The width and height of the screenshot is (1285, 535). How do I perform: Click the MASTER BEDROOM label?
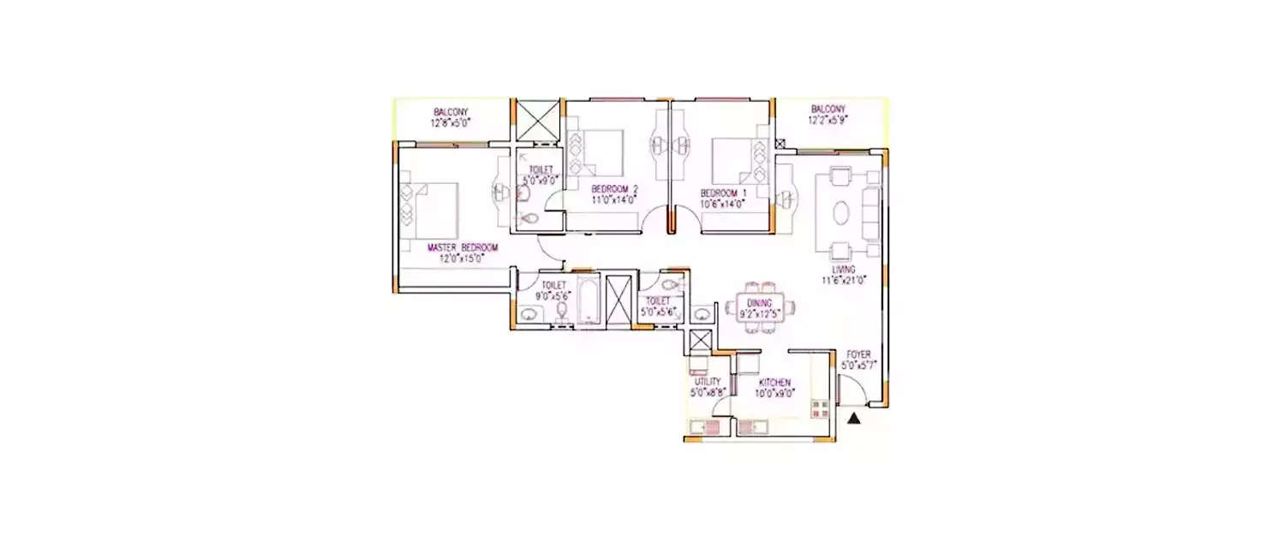pyautogui.click(x=463, y=247)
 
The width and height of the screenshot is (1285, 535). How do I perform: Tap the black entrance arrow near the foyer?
pyautogui.click(x=854, y=418)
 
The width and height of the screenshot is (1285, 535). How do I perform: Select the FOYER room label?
pyautogui.click(x=859, y=354)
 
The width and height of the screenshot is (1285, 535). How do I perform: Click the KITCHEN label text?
pyautogui.click(x=774, y=383)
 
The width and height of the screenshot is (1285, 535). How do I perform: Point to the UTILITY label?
pyautogui.click(x=708, y=382)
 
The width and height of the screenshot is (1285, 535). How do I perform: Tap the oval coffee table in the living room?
pyautogui.click(x=844, y=211)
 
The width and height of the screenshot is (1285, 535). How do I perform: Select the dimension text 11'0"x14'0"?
pyautogui.click(x=614, y=199)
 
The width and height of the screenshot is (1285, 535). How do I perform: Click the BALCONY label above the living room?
pyautogui.click(x=828, y=110)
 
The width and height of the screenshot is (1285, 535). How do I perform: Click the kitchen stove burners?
pyautogui.click(x=820, y=408)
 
